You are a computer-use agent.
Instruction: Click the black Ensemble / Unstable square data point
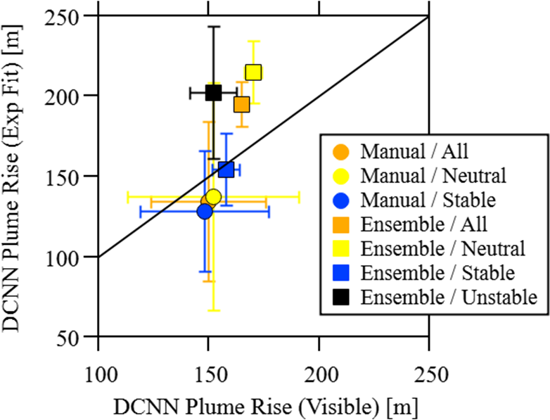pos(213,93)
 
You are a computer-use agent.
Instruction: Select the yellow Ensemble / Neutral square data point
pos(253,72)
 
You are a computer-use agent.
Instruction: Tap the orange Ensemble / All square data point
pos(242,105)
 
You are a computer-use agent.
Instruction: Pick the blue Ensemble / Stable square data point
pos(226,170)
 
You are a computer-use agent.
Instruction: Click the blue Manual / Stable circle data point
pos(205,211)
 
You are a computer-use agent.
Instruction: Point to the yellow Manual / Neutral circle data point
pos(213,197)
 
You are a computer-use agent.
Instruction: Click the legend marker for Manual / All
pos(341,152)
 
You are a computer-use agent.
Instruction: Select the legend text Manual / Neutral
pos(433,175)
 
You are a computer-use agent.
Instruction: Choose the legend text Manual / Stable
pos(428,200)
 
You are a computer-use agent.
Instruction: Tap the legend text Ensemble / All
pos(424,224)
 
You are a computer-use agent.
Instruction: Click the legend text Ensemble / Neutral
pos(443,249)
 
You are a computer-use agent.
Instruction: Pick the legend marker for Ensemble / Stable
pos(341,273)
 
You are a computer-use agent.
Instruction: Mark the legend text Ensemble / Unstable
pos(449,297)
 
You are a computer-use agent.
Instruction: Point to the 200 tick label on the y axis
pos(62,96)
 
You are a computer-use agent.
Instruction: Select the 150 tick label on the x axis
pos(208,375)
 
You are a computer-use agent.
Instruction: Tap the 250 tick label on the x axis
pos(429,375)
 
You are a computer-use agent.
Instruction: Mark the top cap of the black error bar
pos(213,27)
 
